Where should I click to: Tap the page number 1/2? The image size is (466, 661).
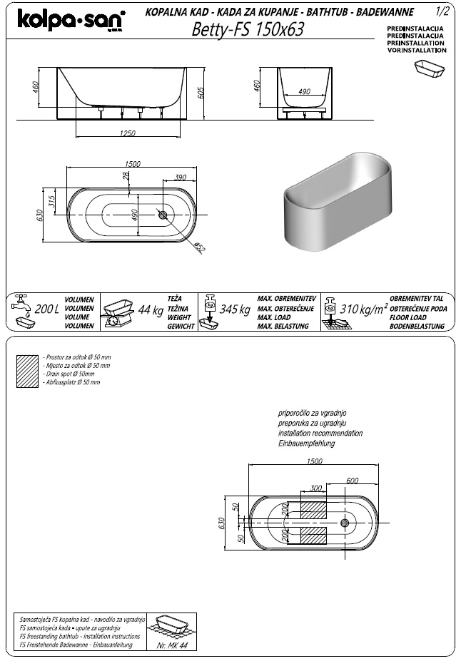[x=442, y=12]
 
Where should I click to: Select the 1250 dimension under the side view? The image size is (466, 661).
[x=128, y=133]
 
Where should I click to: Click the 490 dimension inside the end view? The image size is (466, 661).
[x=304, y=92]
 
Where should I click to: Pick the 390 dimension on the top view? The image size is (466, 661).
[x=181, y=177]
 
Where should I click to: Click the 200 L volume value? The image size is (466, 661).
[x=46, y=309]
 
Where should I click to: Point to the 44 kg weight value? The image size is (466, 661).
[x=151, y=309]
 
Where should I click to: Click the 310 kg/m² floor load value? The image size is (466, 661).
[x=362, y=309]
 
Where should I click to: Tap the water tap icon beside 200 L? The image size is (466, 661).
[x=22, y=302]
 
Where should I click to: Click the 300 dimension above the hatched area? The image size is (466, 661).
[x=317, y=489]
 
